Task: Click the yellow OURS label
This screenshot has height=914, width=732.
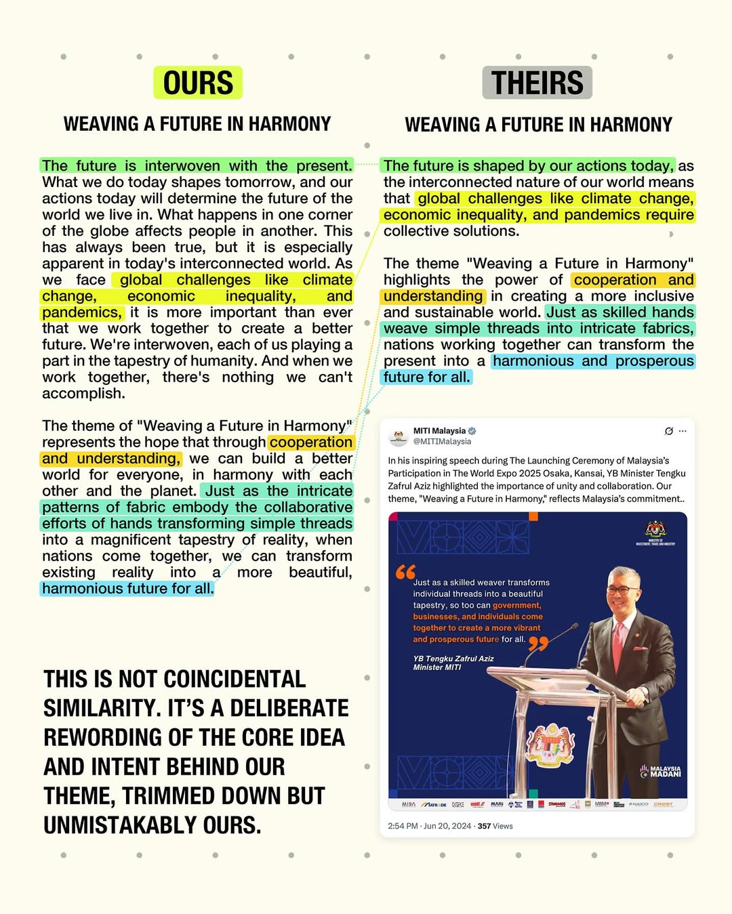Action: pos(198,83)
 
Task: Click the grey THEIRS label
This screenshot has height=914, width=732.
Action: pos(537,83)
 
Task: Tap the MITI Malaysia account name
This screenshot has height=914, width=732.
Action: pos(439,431)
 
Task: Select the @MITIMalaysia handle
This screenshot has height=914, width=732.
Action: pos(442,442)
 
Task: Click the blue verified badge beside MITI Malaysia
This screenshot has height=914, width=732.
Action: pos(472,431)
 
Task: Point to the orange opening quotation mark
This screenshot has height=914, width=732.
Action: pos(405,572)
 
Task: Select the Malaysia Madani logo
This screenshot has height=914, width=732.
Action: pos(661,772)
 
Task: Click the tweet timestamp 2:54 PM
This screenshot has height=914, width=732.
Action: pos(403,826)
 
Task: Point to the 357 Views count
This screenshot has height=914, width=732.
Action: pos(495,826)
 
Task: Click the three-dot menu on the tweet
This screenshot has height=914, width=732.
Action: pos(683,431)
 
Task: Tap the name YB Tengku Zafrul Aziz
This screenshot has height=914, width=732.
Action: pos(453,659)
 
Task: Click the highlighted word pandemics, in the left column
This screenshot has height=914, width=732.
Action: pos(82,312)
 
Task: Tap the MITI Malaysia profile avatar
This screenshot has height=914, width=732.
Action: pos(399,436)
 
